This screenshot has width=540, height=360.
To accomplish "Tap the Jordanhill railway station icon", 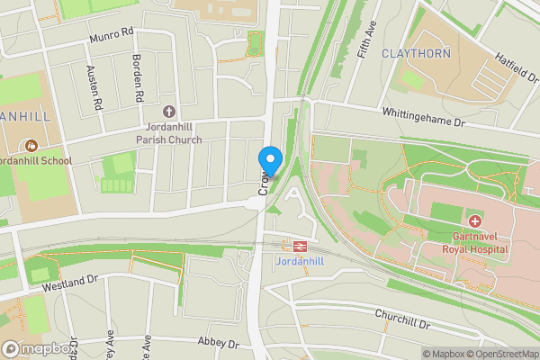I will click(294, 244).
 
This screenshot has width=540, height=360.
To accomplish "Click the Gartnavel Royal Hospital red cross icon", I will click(474, 220).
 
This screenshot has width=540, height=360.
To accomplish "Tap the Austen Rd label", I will click(93, 88).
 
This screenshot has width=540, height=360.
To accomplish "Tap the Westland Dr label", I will click(69, 283).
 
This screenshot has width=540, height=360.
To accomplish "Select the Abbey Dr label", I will click(219, 344).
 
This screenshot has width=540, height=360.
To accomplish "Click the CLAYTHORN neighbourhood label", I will click(416, 53).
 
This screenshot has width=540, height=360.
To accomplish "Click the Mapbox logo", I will click(38, 348).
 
